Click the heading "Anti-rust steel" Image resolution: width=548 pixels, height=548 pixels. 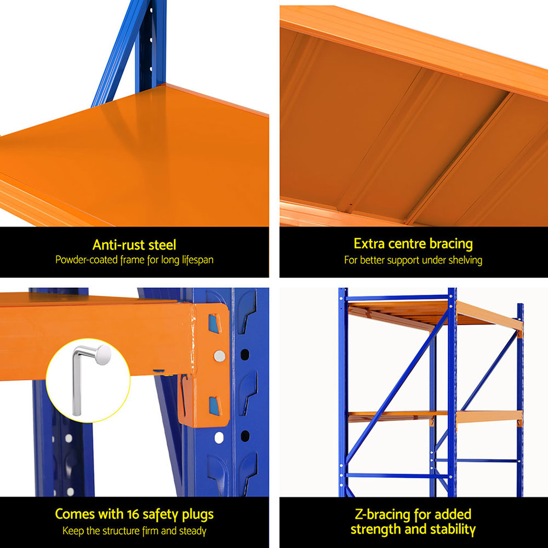point(134,244)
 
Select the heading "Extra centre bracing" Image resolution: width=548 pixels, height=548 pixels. point(413,243)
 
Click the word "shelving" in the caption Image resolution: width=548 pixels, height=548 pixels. point(465,260)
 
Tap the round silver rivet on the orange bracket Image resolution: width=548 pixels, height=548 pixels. point(220,356)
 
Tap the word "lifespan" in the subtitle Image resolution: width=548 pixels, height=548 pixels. point(195,260)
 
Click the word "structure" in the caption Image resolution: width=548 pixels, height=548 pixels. point(128,530)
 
